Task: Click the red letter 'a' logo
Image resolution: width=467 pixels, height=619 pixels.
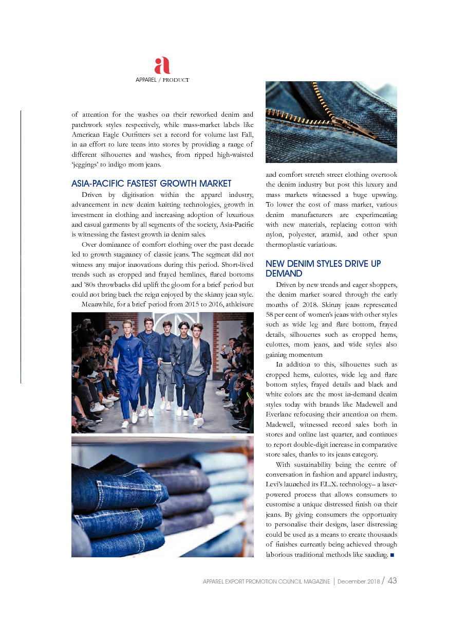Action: (x=162, y=66)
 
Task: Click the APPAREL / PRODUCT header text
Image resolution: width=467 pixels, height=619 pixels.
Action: (x=162, y=80)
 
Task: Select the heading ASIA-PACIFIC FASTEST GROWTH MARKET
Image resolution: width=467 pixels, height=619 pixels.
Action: (x=152, y=184)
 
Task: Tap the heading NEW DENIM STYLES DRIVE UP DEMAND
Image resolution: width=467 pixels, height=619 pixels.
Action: (x=323, y=268)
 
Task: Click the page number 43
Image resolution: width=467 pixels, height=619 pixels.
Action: (x=392, y=581)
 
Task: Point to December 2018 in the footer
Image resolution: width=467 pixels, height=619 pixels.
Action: (x=359, y=581)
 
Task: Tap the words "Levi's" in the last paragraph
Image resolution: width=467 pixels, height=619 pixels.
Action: (x=276, y=484)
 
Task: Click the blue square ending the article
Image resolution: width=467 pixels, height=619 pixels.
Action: (x=392, y=555)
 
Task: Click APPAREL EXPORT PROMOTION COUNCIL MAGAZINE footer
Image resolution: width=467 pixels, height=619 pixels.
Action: (x=266, y=581)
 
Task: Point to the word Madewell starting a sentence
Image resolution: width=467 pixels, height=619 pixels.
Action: (x=280, y=425)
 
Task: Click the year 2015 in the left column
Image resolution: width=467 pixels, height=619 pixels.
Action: (x=188, y=304)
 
